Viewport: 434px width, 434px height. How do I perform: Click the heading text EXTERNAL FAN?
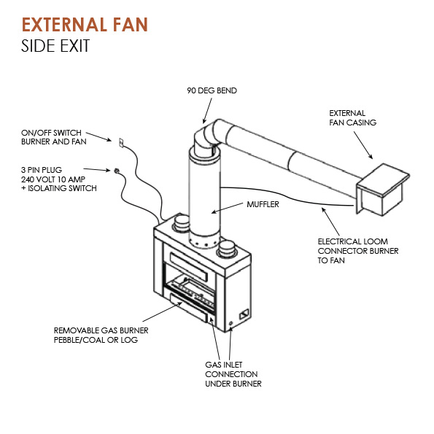(x=85, y=24)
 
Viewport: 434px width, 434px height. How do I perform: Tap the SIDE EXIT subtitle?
(x=55, y=46)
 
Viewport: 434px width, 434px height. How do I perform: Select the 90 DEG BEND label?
(x=212, y=90)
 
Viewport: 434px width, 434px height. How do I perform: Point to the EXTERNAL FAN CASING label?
(x=352, y=117)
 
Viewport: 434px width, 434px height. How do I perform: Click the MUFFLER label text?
(x=263, y=204)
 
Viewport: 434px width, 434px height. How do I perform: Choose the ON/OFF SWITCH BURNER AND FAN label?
(x=54, y=137)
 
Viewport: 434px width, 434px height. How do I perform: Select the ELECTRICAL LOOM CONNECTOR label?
(x=358, y=251)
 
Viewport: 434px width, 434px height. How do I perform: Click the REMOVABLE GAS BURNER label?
(x=101, y=335)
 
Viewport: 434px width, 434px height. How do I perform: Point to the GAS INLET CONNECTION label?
(x=233, y=374)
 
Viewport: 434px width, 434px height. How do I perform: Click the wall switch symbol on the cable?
(x=121, y=142)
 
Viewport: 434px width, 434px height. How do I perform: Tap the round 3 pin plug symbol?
(x=117, y=170)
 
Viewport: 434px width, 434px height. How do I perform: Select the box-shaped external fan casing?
(x=382, y=190)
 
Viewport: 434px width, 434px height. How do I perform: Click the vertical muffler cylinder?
(x=205, y=196)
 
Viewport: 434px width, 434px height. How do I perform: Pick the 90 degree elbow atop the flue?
(x=208, y=136)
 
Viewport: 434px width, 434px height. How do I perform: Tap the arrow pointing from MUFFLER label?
(x=227, y=208)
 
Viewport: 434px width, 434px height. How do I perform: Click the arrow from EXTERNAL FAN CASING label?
(x=363, y=145)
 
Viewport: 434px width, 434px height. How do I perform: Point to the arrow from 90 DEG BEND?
(x=207, y=111)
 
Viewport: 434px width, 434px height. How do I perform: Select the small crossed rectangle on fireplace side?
(x=244, y=314)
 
